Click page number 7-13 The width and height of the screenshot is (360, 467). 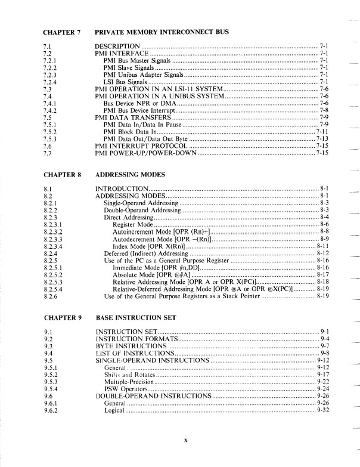(323, 139)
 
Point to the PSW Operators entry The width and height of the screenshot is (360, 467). (123, 388)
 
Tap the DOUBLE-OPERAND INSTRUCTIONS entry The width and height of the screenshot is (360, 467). (153, 395)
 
